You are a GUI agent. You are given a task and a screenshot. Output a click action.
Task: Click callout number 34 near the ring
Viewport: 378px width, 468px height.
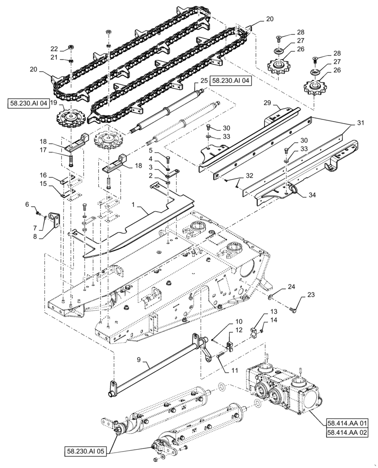click(311, 195)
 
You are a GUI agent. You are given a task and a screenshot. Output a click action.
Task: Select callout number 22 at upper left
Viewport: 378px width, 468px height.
click(55, 48)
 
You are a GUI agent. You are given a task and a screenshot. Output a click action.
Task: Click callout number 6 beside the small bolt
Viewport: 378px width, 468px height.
click(27, 205)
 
